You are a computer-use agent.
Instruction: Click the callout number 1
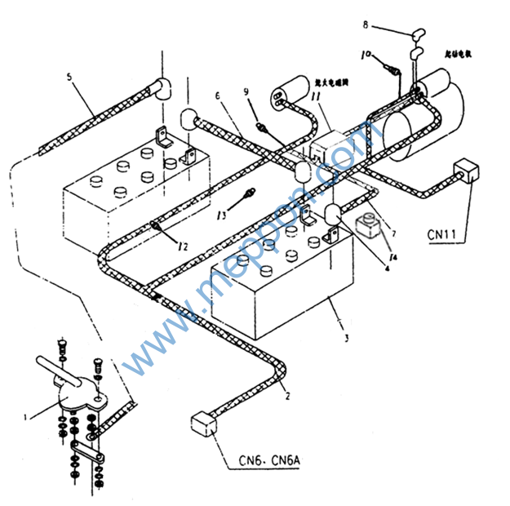click(26, 417)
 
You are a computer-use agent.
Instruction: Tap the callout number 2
click(286, 397)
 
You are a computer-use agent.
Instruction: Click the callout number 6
click(218, 96)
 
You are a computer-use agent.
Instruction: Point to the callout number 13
click(222, 215)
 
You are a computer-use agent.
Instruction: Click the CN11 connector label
click(441, 234)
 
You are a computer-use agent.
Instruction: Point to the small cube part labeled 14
click(368, 224)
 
